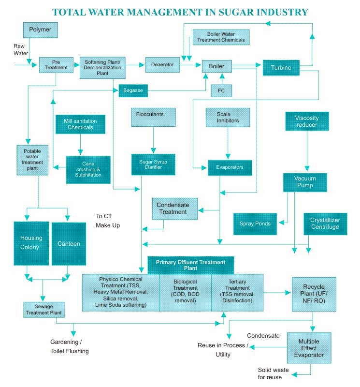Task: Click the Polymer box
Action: [41, 30]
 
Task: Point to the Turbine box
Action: [281, 67]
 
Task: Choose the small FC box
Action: [222, 90]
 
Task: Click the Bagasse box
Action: [133, 90]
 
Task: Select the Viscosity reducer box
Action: [307, 121]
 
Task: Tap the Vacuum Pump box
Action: [305, 182]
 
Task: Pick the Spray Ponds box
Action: [255, 223]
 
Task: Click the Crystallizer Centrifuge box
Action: [325, 223]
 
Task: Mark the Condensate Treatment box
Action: [173, 208]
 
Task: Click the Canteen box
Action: [69, 243]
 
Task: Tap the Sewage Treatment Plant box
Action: [43, 309]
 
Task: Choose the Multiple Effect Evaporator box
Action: [309, 348]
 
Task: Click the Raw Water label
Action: [21, 50]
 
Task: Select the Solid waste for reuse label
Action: [273, 373]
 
